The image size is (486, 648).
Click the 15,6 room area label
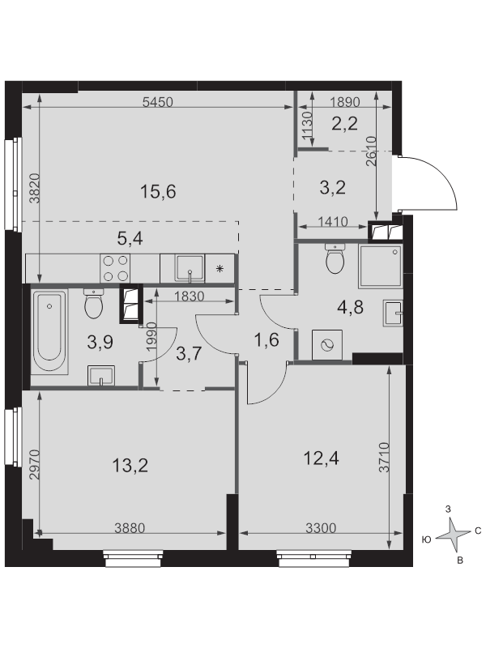[158, 191]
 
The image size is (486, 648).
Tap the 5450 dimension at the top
[157, 102]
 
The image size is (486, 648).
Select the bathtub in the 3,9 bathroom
[49, 333]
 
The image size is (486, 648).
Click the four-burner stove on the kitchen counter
[115, 268]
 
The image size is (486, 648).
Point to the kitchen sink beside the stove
[190, 268]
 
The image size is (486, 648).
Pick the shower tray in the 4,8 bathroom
[381, 266]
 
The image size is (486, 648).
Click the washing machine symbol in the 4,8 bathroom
[327, 345]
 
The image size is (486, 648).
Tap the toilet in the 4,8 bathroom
[335, 258]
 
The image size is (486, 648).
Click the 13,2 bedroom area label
[130, 466]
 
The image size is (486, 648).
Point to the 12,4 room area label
[321, 458]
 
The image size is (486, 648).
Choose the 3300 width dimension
[321, 528]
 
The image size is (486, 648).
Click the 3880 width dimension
[130, 528]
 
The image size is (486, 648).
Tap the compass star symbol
[454, 535]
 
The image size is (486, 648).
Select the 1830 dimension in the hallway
[190, 296]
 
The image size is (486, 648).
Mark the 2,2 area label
[345, 123]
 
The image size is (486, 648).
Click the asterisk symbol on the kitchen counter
[220, 270]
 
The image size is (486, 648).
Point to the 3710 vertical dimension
[384, 458]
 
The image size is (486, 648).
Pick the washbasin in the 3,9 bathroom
[100, 375]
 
